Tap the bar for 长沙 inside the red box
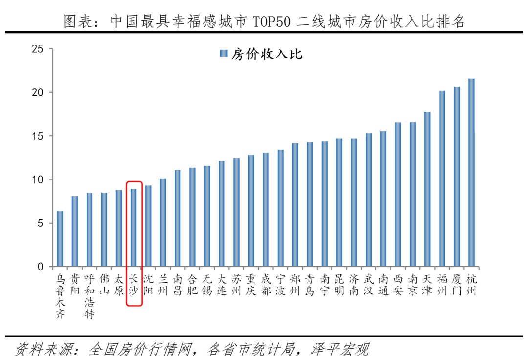pos(133,227)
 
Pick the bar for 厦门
pos(457,177)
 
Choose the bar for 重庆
pos(251,211)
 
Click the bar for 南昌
pos(177,218)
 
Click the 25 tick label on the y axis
pos(37,49)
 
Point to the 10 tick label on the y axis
pos(37,180)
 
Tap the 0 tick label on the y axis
pos(41,267)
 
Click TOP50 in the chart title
pos(271,22)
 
